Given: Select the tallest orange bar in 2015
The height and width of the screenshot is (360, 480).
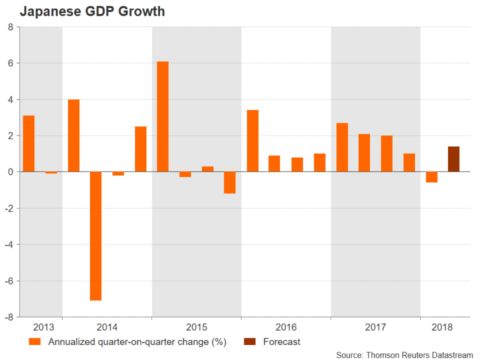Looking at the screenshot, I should pos(162,116).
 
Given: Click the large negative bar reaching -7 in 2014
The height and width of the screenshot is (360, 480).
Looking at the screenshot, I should pos(96,236).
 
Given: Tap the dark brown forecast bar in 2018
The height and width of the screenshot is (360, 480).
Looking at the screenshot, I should pos(454,159).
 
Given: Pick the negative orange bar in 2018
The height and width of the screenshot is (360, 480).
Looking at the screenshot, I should pos(432,177).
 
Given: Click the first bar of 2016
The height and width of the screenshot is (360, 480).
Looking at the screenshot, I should pos(252,141).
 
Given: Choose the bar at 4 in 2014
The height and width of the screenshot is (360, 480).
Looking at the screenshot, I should pos(74,135).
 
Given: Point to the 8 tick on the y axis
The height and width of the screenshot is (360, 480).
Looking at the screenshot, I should pos(11,27).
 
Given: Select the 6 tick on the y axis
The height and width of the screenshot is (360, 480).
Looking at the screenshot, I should pos(11,64).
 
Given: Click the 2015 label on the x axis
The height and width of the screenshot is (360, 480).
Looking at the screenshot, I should pos(197,327).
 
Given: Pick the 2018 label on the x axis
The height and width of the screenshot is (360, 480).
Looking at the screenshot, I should pos(443,327).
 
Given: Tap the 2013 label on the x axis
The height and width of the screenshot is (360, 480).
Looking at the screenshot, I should pos(43,327).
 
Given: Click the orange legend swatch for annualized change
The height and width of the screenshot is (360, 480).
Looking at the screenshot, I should pos(35,342).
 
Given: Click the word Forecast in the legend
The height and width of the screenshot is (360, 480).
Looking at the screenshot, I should pos(281,342).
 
